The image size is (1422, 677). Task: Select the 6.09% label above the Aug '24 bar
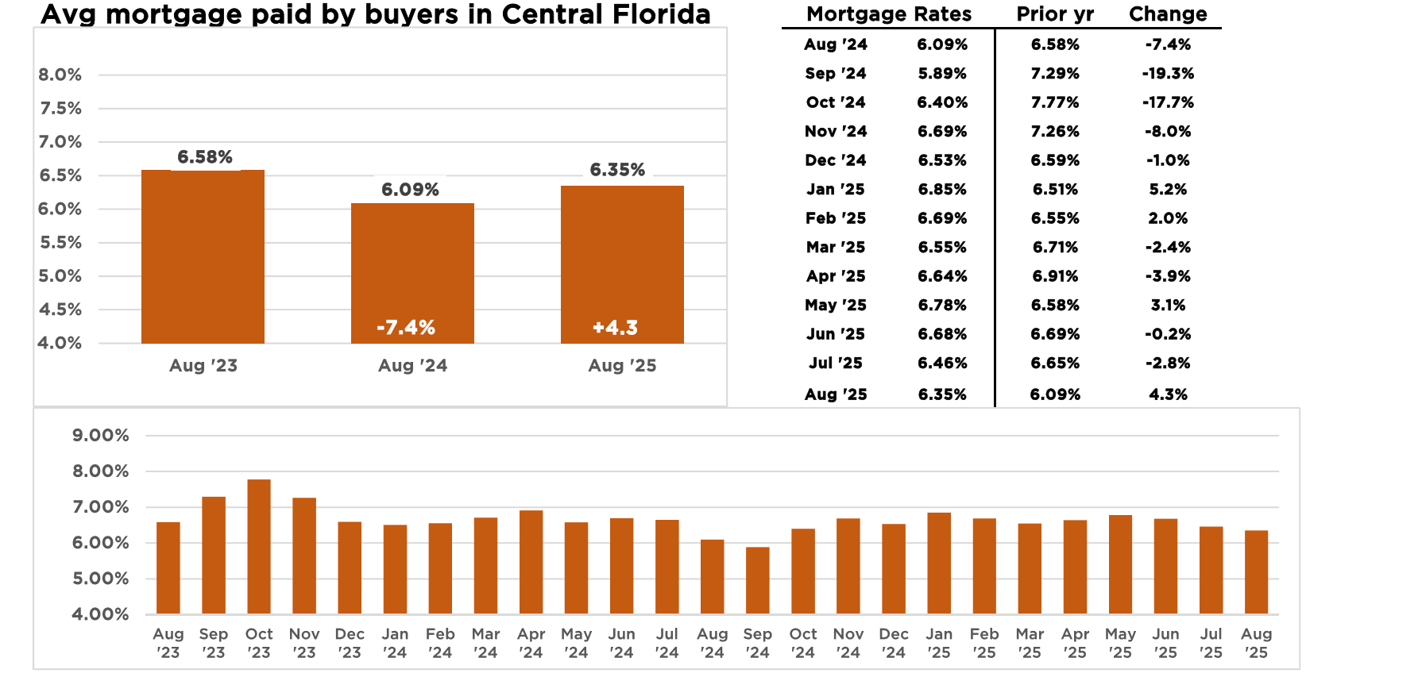click(x=410, y=190)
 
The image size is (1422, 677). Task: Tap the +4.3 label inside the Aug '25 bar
click(x=615, y=327)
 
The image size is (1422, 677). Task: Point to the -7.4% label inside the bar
click(x=406, y=327)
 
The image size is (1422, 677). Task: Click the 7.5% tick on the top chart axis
click(x=60, y=109)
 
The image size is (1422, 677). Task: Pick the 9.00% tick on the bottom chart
click(x=100, y=435)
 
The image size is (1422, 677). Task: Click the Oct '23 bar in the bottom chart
click(x=259, y=546)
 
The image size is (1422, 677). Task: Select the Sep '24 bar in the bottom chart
click(x=758, y=580)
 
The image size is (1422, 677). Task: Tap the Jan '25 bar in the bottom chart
click(x=939, y=563)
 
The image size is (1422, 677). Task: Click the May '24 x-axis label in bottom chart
click(x=576, y=643)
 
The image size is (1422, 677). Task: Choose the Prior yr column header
click(x=1055, y=14)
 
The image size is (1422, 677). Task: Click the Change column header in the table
click(x=1168, y=14)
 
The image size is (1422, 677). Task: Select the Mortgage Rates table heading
click(x=889, y=14)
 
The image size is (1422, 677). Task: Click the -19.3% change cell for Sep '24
click(x=1168, y=74)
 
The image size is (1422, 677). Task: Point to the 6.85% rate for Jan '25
click(x=942, y=190)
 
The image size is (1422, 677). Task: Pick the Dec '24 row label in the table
click(x=836, y=160)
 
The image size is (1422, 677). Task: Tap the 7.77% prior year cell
click(x=1055, y=102)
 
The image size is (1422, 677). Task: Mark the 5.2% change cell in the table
click(x=1168, y=190)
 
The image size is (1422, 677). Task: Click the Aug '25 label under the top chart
click(x=622, y=366)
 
